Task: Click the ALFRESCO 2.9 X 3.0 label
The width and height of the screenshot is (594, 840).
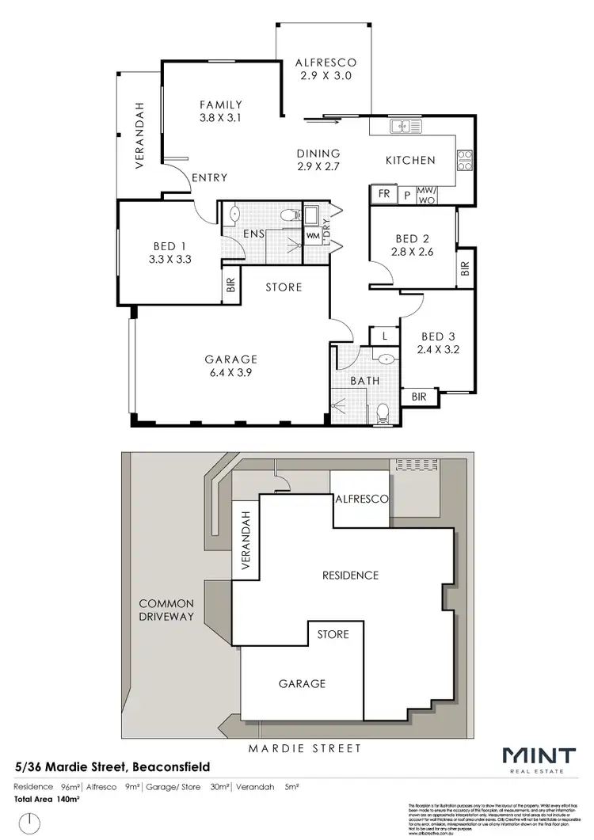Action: click(x=326, y=69)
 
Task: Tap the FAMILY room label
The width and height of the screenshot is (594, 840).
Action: click(x=220, y=111)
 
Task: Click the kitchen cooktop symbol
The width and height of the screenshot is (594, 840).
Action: click(x=465, y=161)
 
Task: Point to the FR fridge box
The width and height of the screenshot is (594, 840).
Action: click(x=383, y=194)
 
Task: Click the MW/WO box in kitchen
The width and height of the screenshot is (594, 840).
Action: click(x=426, y=195)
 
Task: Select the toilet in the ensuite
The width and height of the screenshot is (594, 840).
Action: click(x=291, y=214)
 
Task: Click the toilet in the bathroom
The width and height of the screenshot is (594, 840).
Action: click(x=383, y=412)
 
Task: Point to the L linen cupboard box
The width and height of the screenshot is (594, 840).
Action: click(x=384, y=336)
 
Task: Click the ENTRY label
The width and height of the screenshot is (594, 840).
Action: click(x=210, y=177)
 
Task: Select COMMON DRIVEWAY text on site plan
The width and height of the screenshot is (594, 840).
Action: click(x=166, y=610)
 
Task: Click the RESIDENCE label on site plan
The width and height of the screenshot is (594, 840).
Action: click(x=349, y=575)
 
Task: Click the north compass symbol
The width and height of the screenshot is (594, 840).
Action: click(x=29, y=823)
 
